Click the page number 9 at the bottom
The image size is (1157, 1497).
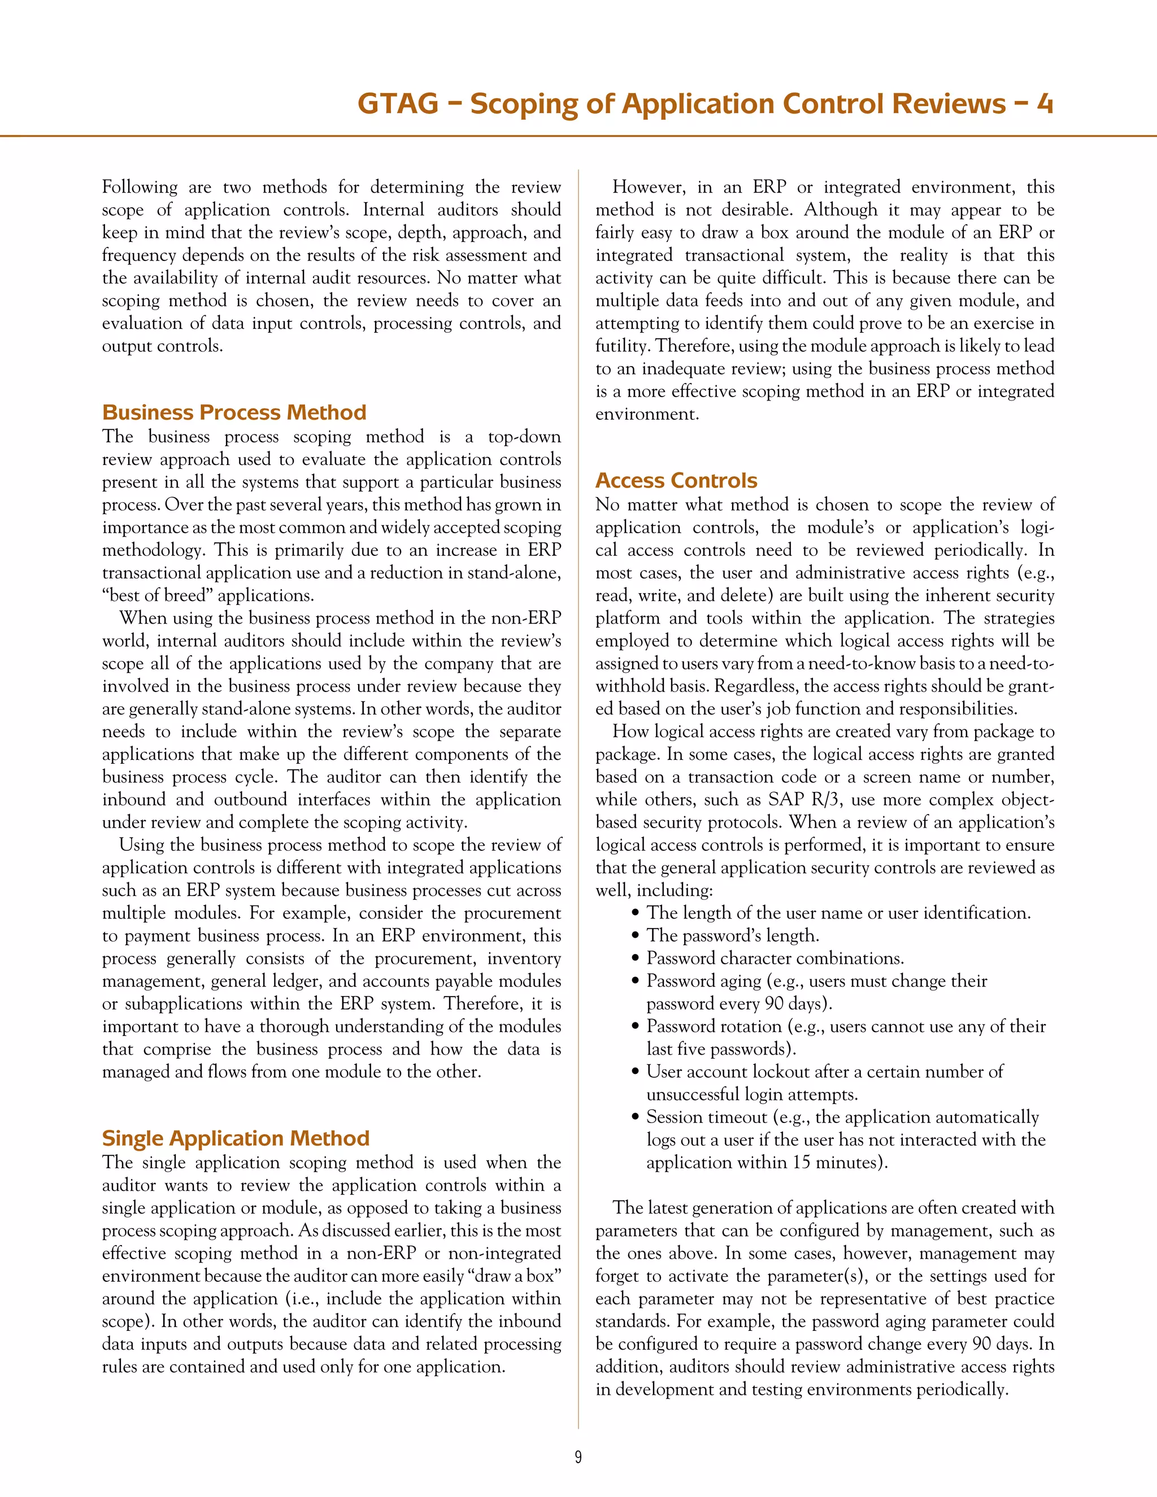pos(578,1456)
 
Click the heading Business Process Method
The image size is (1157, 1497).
pos(234,412)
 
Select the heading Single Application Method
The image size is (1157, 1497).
pos(235,1138)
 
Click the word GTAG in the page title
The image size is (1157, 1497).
pos(398,103)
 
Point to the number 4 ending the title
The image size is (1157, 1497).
pos(1044,103)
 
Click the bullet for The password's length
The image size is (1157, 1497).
pos(732,935)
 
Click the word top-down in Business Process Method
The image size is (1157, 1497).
pos(524,437)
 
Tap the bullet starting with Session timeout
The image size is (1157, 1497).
pos(842,1117)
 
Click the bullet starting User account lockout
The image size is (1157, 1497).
pos(824,1072)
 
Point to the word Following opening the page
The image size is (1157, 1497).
pos(139,187)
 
